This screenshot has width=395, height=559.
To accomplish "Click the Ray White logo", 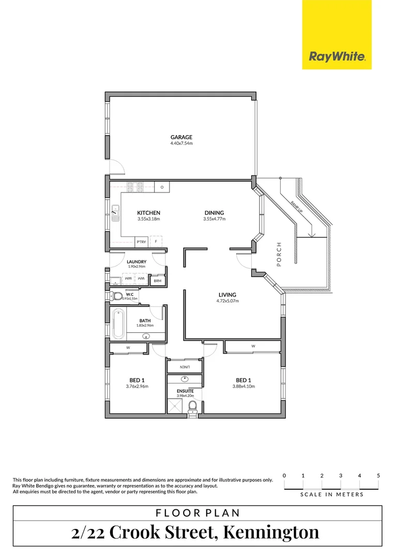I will tap(337, 57).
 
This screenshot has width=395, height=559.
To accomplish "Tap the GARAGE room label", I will tap(181, 137).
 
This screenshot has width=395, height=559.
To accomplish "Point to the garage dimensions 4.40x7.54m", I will tap(181, 143).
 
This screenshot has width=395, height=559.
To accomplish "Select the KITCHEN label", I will tap(148, 213).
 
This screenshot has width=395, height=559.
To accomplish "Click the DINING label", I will tap(214, 213).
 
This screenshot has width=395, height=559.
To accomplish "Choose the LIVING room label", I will tap(227, 295).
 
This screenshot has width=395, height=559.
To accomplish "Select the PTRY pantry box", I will tap(141, 242).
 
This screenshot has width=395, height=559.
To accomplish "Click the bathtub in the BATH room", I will tap(118, 323).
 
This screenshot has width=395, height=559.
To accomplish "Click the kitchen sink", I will tap(115, 212).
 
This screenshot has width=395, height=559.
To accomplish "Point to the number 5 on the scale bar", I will tap(378, 475).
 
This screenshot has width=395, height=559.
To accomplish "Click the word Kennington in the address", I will tap(268, 532).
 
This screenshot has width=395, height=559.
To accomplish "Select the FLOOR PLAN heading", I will tap(197, 513).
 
